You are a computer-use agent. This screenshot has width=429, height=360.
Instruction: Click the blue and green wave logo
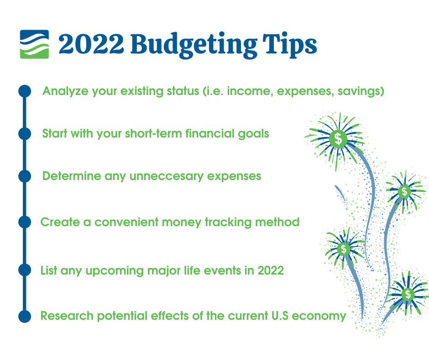coord(35,44)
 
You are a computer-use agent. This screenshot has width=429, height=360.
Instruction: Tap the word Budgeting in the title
coord(194,45)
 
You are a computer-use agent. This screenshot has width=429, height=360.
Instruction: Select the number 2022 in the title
coord(91,44)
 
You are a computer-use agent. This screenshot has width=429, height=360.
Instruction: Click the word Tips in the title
coord(290,45)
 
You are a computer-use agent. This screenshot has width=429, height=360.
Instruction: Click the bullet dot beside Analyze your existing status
coord(25,91)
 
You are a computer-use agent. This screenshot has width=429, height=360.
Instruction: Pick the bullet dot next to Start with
coord(25,134)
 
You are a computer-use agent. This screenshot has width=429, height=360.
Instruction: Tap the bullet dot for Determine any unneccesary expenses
coord(25,176)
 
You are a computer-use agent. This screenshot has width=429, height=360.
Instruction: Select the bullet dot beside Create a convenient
coord(25,222)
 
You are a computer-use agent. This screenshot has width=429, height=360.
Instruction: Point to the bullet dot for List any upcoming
coord(25,270)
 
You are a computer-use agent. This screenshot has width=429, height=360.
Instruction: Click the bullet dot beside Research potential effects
coord(25,317)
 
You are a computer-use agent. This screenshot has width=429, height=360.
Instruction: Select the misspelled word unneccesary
coord(166,176)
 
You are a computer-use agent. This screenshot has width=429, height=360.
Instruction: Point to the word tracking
coord(228,222)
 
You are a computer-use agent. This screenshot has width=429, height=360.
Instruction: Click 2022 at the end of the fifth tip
coord(271,270)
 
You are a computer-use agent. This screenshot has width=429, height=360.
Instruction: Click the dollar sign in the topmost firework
coord(339,138)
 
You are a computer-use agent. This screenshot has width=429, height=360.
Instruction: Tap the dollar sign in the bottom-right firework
coord(408,294)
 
